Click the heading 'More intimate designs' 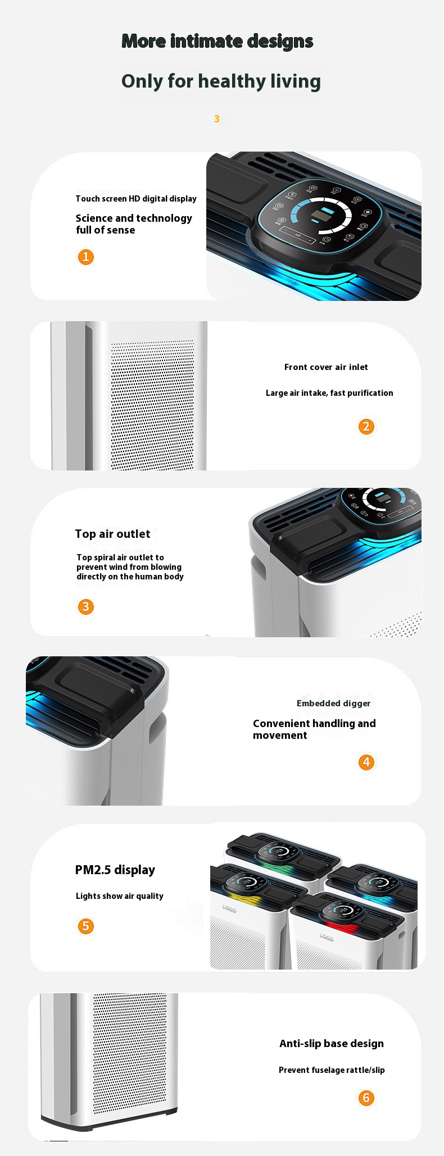point(217,41)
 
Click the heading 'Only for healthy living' point(221,81)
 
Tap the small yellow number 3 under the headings point(216,119)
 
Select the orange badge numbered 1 point(85,257)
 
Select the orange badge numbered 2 point(366,427)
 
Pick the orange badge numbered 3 point(85,607)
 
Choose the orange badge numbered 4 point(366,762)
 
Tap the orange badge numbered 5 point(85,926)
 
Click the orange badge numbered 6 point(366,1098)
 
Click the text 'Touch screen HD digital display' point(136,199)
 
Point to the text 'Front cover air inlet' point(326,367)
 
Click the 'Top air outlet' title point(112,534)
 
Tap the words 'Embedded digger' point(333,703)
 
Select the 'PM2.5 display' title point(115,870)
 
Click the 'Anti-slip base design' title point(331,1044)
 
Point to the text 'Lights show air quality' point(119,896)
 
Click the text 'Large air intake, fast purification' point(329,393)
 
